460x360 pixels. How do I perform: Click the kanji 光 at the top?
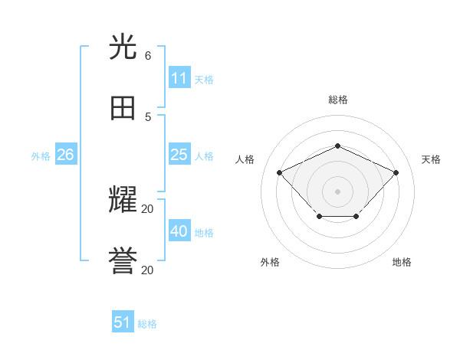tap(123, 48)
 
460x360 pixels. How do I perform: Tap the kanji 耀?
tap(123, 201)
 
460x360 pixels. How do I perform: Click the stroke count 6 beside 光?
tap(148, 56)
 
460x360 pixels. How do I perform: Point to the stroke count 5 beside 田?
tap(148, 116)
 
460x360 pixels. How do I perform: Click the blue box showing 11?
tap(179, 78)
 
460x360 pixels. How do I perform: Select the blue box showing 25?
tap(179, 155)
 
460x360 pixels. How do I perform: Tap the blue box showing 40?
tap(179, 231)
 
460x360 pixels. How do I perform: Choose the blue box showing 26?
tap(66, 155)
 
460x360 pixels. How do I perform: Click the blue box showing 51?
tap(123, 322)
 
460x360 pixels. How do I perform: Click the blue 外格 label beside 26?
tap(41, 156)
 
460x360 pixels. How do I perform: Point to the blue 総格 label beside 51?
tap(147, 324)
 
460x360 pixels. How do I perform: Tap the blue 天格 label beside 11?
tap(204, 80)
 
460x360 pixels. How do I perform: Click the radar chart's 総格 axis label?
tap(337, 100)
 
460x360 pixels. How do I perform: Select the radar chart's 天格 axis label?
tap(431, 159)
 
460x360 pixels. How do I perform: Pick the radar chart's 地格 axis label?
tap(402, 262)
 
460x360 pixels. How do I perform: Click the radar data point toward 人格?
tap(280, 172)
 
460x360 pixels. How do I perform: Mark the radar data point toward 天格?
tap(396, 172)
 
